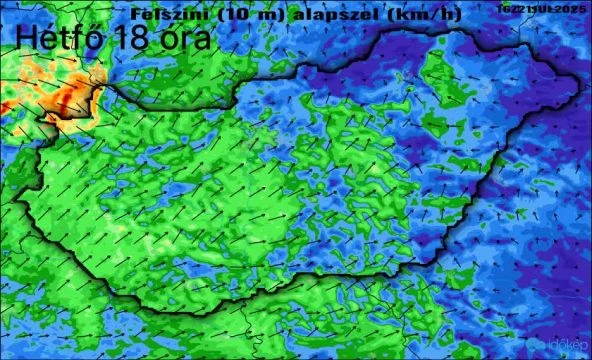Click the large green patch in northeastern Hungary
pyautogui.click(x=441, y=75)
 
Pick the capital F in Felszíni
pyautogui.click(x=135, y=14)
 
